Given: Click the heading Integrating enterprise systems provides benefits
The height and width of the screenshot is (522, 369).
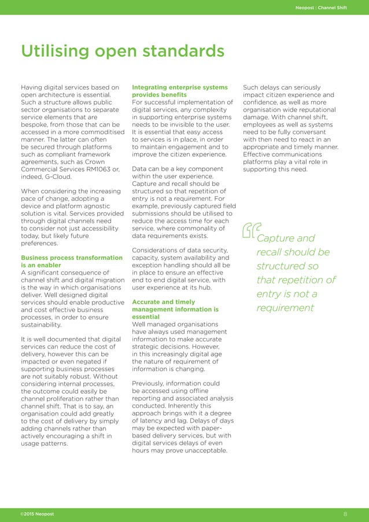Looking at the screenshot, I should (x=180, y=91).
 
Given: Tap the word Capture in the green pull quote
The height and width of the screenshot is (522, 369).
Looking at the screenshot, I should (x=276, y=238).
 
